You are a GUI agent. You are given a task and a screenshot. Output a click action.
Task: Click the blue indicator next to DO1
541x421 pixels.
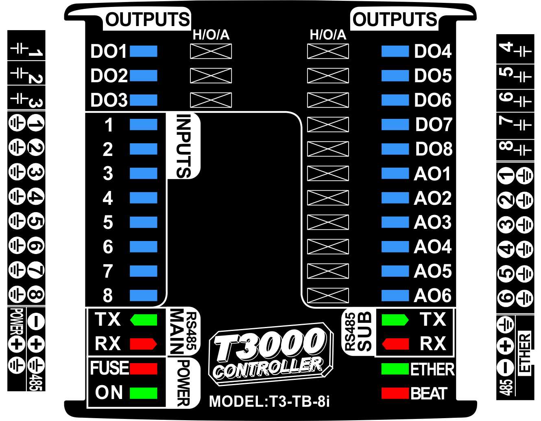(x=144, y=51)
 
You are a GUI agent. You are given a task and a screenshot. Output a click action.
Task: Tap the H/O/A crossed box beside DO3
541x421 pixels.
(x=211, y=100)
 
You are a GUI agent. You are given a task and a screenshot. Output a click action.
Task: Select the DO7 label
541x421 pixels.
(x=433, y=125)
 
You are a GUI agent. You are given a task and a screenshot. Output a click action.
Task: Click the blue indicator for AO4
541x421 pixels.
(x=395, y=247)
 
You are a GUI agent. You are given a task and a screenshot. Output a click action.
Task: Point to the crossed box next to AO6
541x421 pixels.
(x=328, y=296)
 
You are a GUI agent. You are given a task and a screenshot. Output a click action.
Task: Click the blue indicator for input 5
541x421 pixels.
(x=144, y=222)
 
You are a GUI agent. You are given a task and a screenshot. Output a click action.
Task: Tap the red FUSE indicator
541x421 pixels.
(x=144, y=369)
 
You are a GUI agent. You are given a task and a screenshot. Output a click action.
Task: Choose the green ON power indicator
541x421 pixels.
(x=144, y=393)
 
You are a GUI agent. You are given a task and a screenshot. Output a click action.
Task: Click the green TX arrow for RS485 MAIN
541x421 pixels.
(x=144, y=320)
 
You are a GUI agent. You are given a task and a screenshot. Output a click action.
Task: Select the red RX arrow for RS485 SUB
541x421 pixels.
(x=395, y=344)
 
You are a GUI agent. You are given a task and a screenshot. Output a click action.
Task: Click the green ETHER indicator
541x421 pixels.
(x=395, y=369)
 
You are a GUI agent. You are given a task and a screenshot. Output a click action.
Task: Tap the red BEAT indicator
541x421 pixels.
(x=395, y=393)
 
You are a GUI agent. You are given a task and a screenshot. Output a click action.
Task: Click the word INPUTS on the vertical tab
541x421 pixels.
(x=184, y=146)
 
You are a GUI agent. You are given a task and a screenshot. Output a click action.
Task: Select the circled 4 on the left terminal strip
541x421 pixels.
(x=36, y=197)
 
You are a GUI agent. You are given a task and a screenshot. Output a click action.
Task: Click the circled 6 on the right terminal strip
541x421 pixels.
(x=505, y=297)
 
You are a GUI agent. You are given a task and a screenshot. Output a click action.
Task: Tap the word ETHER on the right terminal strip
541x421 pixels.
(x=525, y=353)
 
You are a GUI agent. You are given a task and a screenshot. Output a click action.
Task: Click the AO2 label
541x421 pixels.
(x=433, y=198)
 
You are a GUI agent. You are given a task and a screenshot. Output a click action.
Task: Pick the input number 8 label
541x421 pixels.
(x=107, y=296)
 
